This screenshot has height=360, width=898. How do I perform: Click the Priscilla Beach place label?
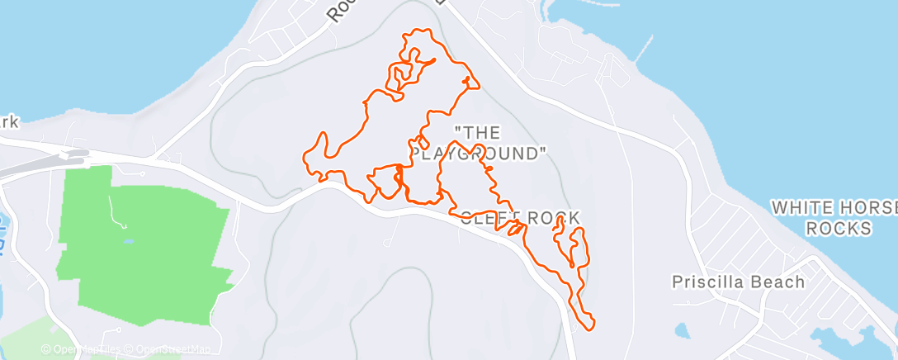coord(737,282)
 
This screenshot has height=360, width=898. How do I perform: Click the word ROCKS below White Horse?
coord(839,228)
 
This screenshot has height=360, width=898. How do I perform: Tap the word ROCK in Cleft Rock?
coord(549,218)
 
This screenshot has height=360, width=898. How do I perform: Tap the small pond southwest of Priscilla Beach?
coord(683,330)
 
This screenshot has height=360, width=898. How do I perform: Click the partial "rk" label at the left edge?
coord(9,122)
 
